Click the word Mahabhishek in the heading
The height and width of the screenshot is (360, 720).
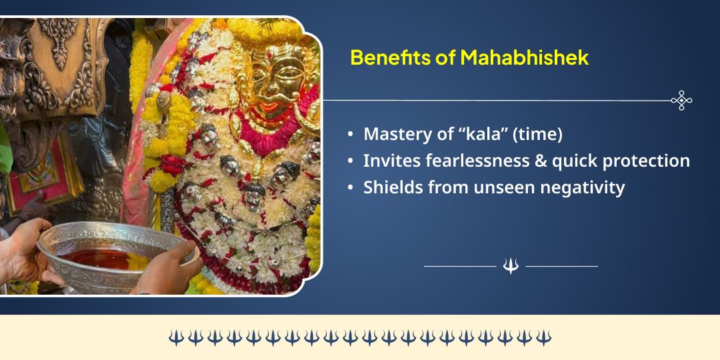point(524,57)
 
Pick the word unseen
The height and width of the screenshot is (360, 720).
point(501,187)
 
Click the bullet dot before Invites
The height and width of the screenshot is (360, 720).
point(351,161)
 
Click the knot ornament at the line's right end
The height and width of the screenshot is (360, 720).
point(681,101)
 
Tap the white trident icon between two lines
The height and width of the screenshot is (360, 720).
point(511,266)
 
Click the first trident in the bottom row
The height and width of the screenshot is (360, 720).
point(175,337)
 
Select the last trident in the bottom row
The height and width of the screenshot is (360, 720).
point(544,337)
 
